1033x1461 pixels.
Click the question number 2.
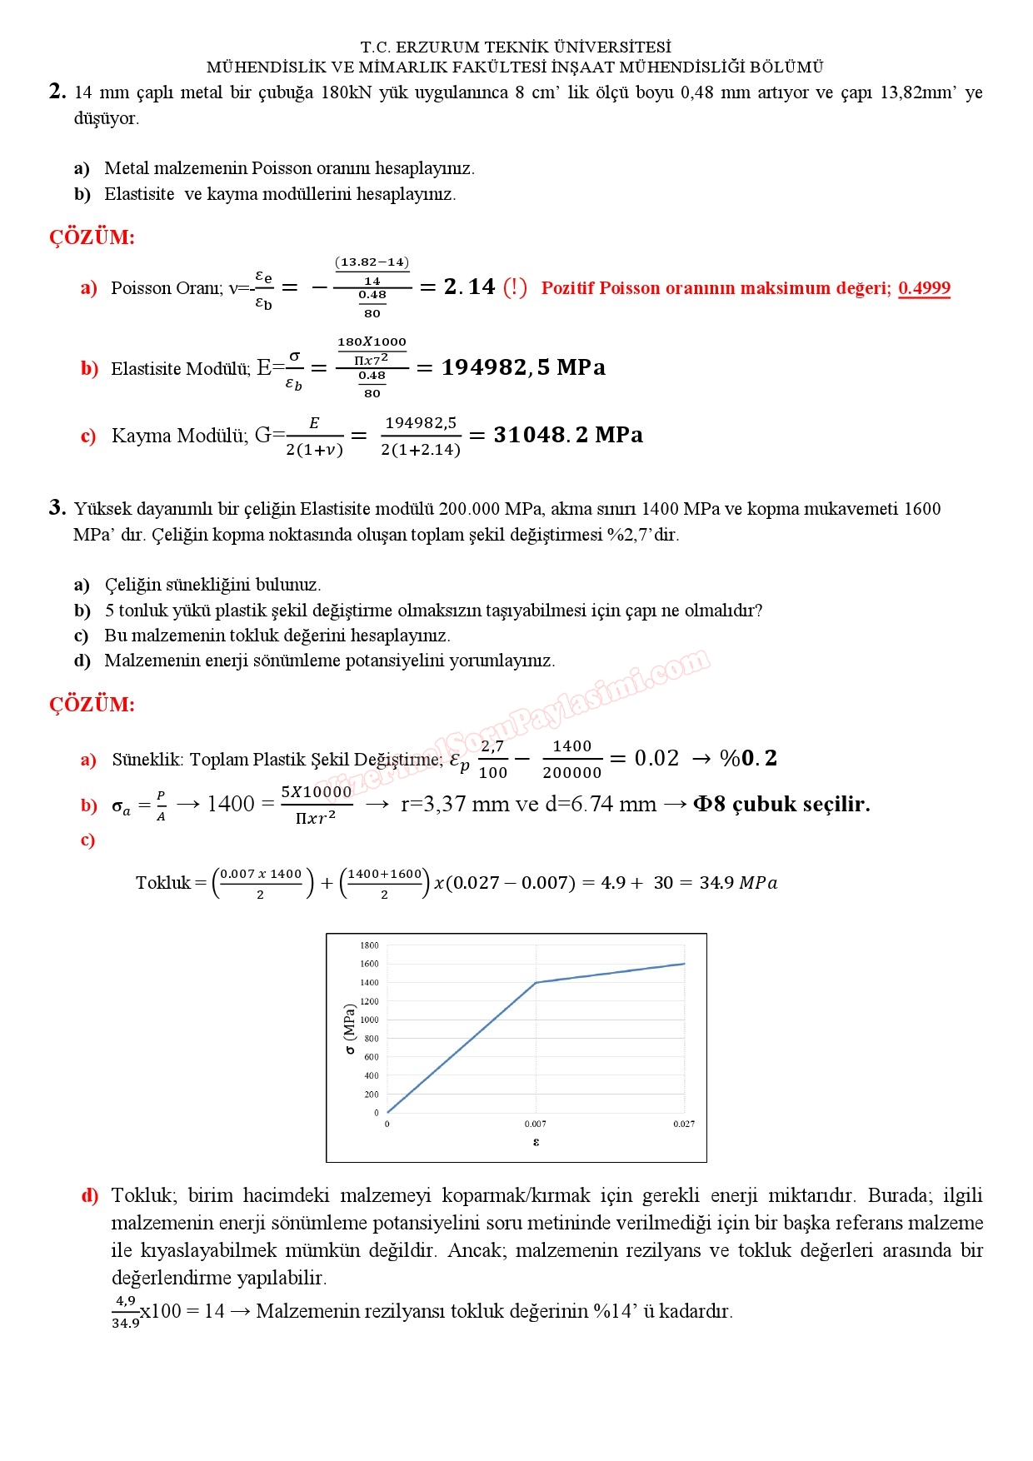pyautogui.click(x=57, y=92)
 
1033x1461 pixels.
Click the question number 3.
pyautogui.click(x=57, y=507)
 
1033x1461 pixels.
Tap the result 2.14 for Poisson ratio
pyautogui.click(x=469, y=287)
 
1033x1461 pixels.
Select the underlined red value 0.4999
pyautogui.click(x=924, y=288)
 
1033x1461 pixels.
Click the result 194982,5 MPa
pyautogui.click(x=523, y=367)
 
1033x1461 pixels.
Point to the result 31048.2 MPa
pyautogui.click(x=568, y=435)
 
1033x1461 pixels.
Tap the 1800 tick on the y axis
pyautogui.click(x=369, y=945)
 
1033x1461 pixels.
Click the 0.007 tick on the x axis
pyautogui.click(x=536, y=1124)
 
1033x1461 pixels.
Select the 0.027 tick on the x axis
pyautogui.click(x=684, y=1124)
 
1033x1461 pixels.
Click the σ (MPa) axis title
pyautogui.click(x=349, y=1029)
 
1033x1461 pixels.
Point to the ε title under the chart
pyautogui.click(x=536, y=1142)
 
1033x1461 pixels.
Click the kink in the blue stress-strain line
pyautogui.click(x=536, y=983)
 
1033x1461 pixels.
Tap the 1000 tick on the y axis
pyautogui.click(x=369, y=1020)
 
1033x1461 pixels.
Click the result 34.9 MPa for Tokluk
pyautogui.click(x=738, y=883)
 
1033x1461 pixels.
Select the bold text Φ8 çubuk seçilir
pyautogui.click(x=781, y=804)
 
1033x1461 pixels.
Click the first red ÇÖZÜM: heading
pyautogui.click(x=92, y=237)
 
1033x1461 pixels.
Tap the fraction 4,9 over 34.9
pyautogui.click(x=126, y=1311)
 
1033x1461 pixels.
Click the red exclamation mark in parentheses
pyautogui.click(x=515, y=287)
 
